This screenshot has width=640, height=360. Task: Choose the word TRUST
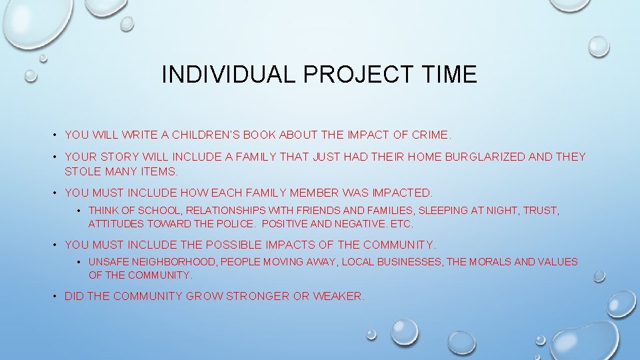(541, 211)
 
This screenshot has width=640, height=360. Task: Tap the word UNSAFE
(107, 262)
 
